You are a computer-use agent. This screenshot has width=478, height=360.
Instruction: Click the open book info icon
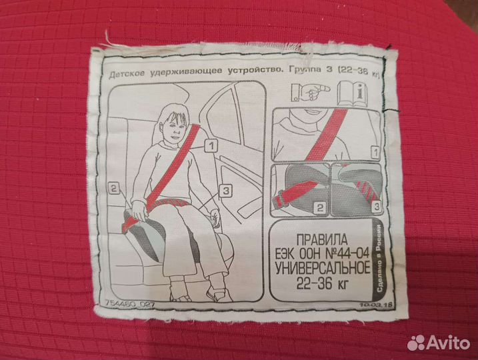pos(353,94)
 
